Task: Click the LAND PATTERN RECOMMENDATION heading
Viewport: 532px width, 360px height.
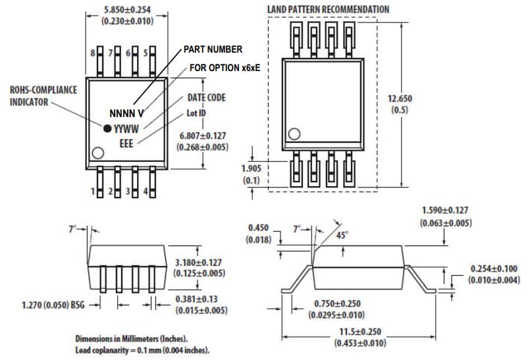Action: point(328,9)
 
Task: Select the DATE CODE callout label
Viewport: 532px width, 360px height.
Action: point(206,97)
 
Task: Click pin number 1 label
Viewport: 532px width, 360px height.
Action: point(93,192)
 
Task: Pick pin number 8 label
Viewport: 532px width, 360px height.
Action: point(93,52)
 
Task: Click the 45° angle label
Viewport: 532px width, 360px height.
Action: point(341,234)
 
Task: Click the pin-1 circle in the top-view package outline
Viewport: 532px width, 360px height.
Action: point(97,153)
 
